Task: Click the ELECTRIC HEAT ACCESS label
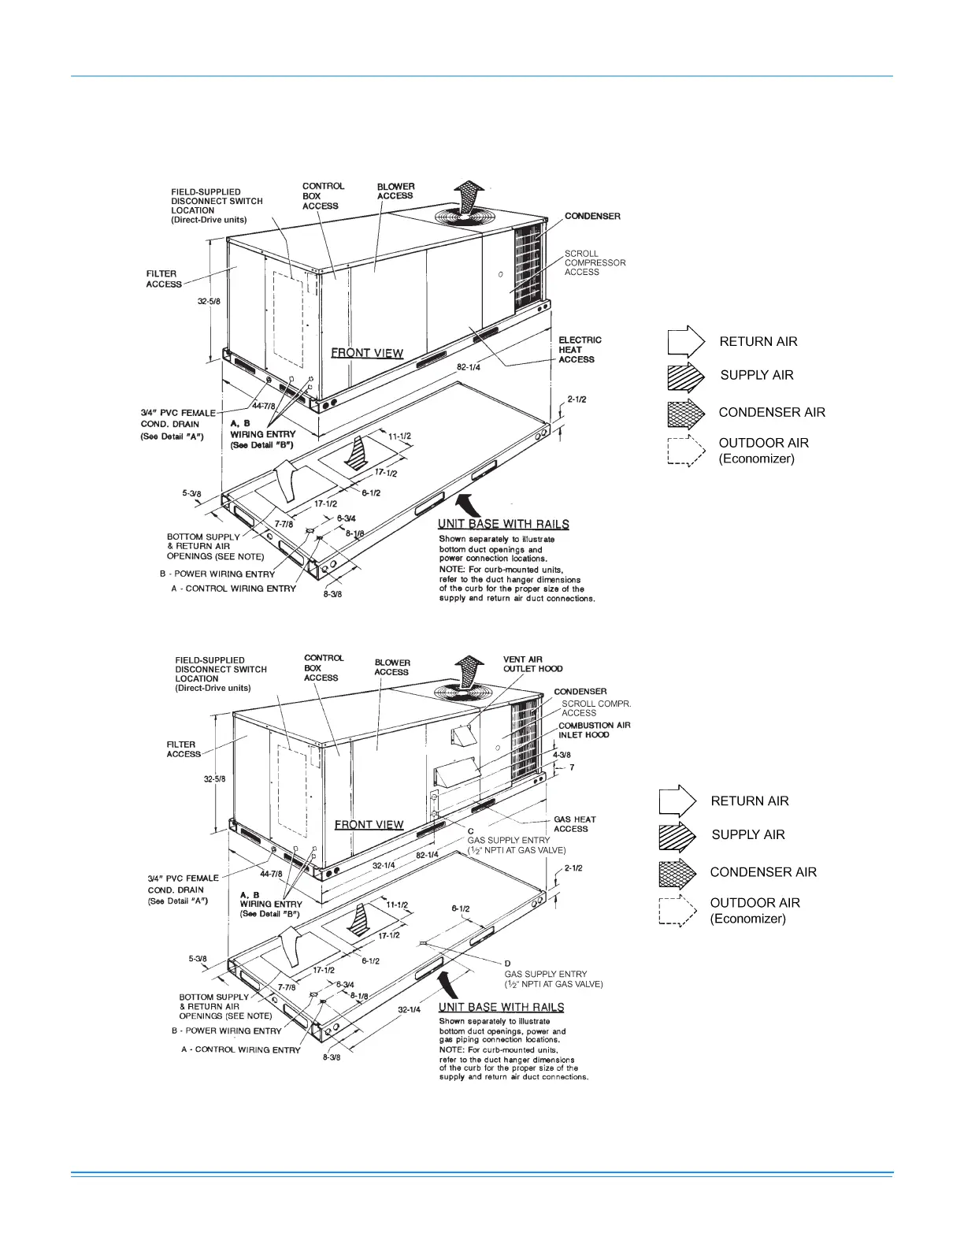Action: [x=580, y=350]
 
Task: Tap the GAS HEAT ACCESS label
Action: [x=574, y=824]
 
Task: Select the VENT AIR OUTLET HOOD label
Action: [x=532, y=664]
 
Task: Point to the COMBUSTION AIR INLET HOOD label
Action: [x=594, y=730]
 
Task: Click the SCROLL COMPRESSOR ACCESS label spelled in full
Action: [x=595, y=263]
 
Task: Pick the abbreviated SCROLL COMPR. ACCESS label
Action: [x=595, y=708]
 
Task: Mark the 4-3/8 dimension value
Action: [x=562, y=755]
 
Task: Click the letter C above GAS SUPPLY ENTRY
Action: [x=471, y=831]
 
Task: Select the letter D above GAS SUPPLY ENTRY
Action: [x=508, y=964]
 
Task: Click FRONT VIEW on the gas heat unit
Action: [x=369, y=825]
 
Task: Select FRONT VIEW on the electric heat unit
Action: [x=367, y=353]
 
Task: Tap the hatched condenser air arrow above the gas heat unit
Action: [x=469, y=670]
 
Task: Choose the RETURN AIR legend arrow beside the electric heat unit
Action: [x=685, y=342]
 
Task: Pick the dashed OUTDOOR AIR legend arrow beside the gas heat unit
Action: [x=677, y=912]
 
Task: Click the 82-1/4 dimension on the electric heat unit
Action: [x=468, y=367]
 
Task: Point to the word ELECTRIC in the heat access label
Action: [x=580, y=340]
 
